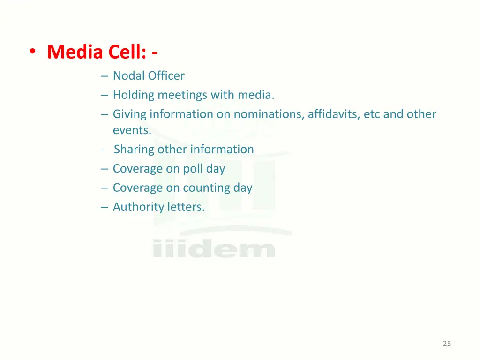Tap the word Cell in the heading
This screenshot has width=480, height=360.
pos(126,52)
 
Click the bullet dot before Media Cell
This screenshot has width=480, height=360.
pos(32,52)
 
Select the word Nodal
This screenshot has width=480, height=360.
pos(128,76)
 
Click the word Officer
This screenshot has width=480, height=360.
pos(166,76)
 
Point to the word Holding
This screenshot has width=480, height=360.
pos(133,95)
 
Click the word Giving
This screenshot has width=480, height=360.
pos(129,114)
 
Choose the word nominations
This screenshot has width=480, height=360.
pos(268,114)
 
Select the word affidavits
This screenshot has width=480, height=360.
pos(333,114)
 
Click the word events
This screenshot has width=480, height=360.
pos(132,131)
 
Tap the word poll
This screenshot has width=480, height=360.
pos(193,169)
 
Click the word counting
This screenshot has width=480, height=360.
pos(206,188)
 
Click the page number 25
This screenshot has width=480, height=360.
pos(447,344)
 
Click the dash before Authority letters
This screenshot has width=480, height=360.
pos(104,207)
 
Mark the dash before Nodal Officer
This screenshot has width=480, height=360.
pos(104,76)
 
